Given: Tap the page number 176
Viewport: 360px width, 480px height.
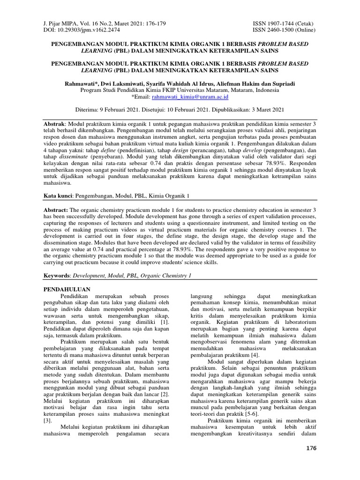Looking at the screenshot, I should click(x=311, y=449).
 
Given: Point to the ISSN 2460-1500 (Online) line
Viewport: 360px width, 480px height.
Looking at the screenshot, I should click(x=285, y=30).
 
